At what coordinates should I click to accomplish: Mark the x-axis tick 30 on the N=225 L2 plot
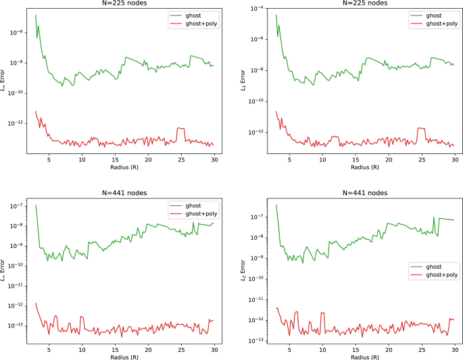(x=455, y=159)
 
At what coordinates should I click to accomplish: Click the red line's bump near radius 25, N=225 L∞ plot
(x=180, y=128)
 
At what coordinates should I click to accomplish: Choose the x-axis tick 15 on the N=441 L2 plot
(x=356, y=349)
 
